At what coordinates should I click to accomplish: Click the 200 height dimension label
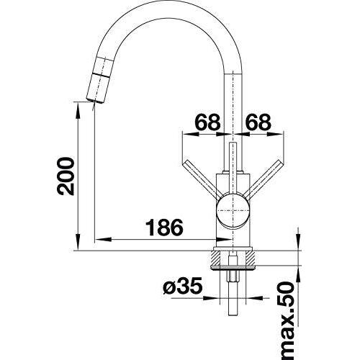tap(66, 176)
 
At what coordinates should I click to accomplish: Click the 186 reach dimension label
tap(164, 227)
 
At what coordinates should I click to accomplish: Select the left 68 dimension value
tap(208, 122)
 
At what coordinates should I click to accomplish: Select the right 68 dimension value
tap(258, 122)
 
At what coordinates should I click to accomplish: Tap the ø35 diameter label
tap(182, 287)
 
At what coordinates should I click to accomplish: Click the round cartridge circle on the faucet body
tap(233, 210)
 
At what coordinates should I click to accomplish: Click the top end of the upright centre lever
tap(233, 143)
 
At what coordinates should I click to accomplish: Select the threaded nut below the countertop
tap(233, 276)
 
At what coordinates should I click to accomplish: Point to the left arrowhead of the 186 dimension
tap(103, 239)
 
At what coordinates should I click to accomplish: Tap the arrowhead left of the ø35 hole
tap(212, 298)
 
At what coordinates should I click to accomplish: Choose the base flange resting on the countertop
tap(233, 248)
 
